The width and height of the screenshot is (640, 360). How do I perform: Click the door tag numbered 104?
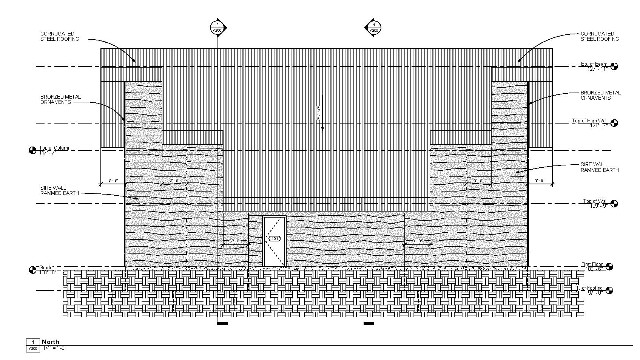pos(275,238)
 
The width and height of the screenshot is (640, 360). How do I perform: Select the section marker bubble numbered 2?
pos(217,28)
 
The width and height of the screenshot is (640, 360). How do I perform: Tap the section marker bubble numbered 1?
pos(374,28)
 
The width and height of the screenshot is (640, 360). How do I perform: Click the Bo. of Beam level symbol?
pos(614,66)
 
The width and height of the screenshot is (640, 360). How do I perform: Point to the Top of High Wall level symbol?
pos(614,123)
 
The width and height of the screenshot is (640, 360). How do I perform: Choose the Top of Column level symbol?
pos(33,150)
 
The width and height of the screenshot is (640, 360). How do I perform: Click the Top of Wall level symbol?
pos(614,204)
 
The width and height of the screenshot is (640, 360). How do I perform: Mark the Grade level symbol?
pos(33,270)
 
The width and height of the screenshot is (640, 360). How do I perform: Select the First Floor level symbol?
pos(609,267)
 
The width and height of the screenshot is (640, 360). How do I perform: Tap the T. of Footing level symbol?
pos(609,290)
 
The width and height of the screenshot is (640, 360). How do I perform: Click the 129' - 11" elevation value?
pos(597,69)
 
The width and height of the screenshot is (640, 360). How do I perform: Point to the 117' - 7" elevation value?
pos(48,153)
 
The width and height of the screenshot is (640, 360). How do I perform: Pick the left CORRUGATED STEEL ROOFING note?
pos(60,36)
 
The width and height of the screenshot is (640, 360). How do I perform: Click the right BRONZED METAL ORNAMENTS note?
pos(600,95)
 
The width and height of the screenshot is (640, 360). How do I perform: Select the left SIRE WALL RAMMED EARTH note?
pos(59,190)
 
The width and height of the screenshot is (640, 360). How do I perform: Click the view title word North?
pos(51,342)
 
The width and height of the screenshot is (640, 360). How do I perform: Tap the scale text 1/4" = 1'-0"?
pos(54,348)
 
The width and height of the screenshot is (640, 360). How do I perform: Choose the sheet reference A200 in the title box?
pos(33,349)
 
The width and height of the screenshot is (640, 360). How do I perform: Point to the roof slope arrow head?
pos(322,129)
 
